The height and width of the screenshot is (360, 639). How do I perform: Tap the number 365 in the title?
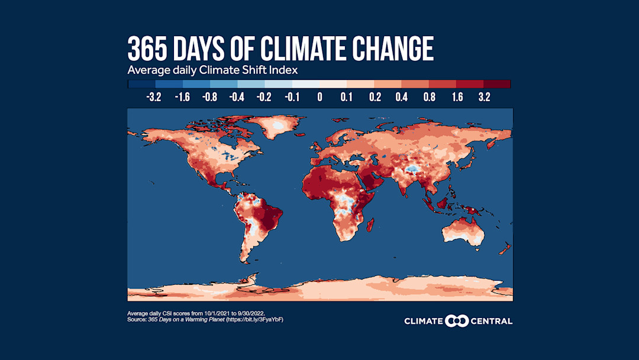point(149,49)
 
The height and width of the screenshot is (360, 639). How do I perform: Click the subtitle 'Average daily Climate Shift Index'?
point(212,70)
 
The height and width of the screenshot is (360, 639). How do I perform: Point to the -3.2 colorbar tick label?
point(154,97)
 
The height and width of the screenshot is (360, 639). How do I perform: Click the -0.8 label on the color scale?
point(209,97)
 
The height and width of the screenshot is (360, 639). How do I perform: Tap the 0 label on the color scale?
point(319,97)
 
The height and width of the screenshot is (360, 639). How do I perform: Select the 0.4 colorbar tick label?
point(402,97)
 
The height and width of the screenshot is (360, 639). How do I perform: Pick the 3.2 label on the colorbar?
point(484,97)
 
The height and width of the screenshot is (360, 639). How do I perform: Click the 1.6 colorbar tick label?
point(457,97)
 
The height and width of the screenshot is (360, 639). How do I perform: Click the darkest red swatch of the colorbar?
point(497,84)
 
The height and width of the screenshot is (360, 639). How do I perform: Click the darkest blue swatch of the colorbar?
point(141,84)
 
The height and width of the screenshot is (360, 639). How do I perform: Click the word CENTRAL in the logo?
point(492,321)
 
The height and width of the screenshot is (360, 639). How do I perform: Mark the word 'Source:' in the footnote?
point(137,320)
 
